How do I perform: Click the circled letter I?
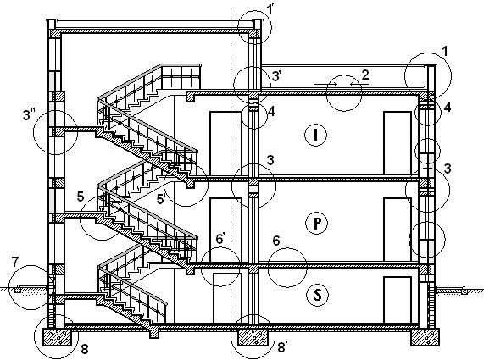315,135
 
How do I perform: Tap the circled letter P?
317,223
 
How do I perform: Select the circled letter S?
318,295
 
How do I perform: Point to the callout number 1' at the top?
270,9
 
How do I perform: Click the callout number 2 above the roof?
365,75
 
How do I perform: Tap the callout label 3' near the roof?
276,76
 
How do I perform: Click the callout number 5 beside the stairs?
81,197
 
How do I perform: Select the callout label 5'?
162,199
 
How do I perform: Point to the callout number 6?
276,241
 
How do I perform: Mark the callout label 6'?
220,239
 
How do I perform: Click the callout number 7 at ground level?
15,262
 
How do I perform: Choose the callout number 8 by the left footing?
85,349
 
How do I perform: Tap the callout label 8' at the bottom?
283,347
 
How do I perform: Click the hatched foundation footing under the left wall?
57,337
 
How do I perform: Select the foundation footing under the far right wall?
425,337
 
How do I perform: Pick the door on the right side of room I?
398,143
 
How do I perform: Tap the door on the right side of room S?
398,300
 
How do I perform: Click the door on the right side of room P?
398,230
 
